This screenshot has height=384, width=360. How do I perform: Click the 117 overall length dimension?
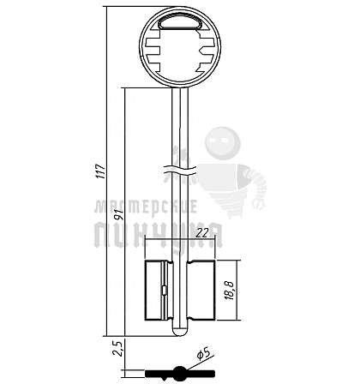(x=101, y=171)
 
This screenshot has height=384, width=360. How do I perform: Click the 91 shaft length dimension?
(x=119, y=215)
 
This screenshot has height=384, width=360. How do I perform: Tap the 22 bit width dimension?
(x=202, y=233)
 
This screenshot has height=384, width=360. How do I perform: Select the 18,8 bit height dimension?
(x=230, y=291)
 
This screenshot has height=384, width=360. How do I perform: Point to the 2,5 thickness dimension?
(x=118, y=348)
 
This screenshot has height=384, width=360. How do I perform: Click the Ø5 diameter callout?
(x=205, y=354)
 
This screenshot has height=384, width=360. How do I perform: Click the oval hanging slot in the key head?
(x=180, y=23)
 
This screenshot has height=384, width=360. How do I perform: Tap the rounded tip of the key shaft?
(x=180, y=332)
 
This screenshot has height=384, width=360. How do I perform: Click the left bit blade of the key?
(x=159, y=291)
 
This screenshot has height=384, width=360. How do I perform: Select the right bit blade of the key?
(x=201, y=291)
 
